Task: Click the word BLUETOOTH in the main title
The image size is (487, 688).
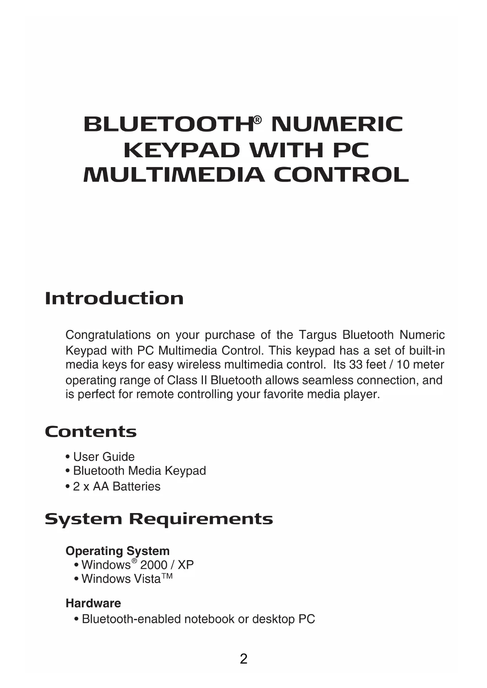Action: [x=168, y=125]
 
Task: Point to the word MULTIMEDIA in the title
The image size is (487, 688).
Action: [x=174, y=175]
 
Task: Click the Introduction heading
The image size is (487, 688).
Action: [x=114, y=298]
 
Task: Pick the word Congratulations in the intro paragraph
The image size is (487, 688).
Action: [x=108, y=335]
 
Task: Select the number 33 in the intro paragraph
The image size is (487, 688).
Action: [x=356, y=365]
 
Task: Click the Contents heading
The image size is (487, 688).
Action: [x=91, y=432]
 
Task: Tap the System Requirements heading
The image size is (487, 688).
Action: [x=159, y=519]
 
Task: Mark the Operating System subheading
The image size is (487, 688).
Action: [x=117, y=551]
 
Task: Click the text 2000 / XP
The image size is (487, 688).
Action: [x=167, y=565]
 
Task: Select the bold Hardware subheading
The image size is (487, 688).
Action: [x=93, y=603]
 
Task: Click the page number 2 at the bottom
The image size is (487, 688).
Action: [x=244, y=659]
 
